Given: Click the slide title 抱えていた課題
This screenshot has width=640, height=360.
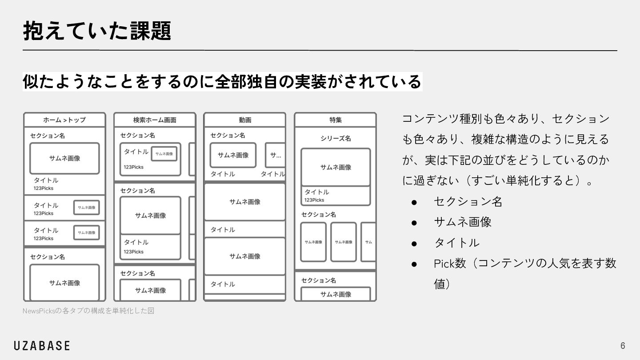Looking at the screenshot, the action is [97, 31].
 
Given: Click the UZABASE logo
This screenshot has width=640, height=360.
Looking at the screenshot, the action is [42, 346].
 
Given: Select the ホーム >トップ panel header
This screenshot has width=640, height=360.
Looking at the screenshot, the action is [64, 120].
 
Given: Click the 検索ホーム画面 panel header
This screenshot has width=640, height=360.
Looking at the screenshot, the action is [155, 120].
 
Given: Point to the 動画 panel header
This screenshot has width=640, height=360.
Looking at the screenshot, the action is [245, 120].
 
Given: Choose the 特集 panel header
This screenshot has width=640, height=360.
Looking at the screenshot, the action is [336, 120].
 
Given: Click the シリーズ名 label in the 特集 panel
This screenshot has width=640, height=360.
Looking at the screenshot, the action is [336, 138].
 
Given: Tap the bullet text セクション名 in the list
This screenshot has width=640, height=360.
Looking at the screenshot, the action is [468, 202].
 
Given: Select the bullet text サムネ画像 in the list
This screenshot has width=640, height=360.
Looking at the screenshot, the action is [463, 222].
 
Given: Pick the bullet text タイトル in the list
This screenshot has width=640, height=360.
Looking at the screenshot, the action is [456, 243].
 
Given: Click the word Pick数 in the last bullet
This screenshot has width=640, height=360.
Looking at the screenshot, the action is [449, 263].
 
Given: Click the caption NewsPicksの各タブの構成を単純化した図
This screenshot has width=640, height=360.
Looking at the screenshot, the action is [88, 311].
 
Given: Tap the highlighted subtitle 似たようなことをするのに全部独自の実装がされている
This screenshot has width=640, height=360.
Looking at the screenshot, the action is [222, 82].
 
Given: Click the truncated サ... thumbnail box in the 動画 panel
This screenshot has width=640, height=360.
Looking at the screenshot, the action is [275, 155].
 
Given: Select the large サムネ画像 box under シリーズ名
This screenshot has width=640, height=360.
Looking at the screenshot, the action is [336, 167].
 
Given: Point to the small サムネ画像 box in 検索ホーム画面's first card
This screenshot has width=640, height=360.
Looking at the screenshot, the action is [164, 154].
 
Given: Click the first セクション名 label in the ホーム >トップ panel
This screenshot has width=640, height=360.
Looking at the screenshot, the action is [48, 136].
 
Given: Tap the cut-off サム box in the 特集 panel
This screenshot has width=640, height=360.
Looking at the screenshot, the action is [368, 242].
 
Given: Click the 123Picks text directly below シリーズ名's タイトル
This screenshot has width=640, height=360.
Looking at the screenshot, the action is [314, 200].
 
